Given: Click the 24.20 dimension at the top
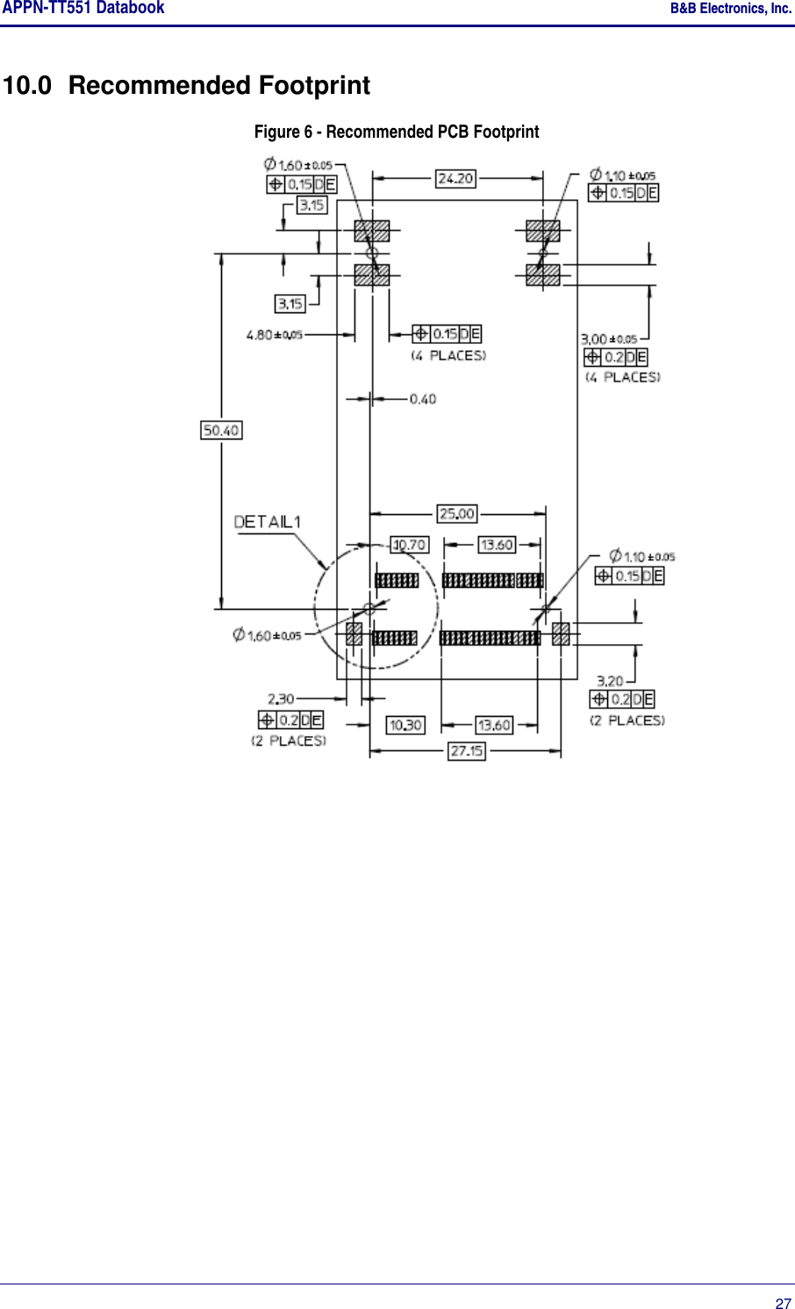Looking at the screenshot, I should pyautogui.click(x=455, y=178).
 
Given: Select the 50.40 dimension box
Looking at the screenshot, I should pyautogui.click(x=221, y=430).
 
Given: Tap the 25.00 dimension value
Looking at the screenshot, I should pyautogui.click(x=456, y=513).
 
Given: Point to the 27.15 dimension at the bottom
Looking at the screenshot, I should pyautogui.click(x=466, y=751).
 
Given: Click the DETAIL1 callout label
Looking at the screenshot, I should pyautogui.click(x=268, y=522).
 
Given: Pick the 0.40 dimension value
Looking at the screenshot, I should pyautogui.click(x=423, y=399).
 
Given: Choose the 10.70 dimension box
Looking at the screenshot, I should pyautogui.click(x=409, y=545).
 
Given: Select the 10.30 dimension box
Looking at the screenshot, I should pyautogui.click(x=405, y=726).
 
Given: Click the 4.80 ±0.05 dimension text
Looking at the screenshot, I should pyautogui.click(x=275, y=334).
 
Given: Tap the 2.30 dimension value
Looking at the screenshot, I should pyautogui.click(x=281, y=699).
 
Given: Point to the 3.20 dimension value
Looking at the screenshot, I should pyautogui.click(x=610, y=681).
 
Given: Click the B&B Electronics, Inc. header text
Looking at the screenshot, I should pyautogui.click(x=730, y=9).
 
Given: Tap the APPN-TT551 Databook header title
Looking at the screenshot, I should pyautogui.click(x=83, y=8).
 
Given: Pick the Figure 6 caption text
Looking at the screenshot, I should pyautogui.click(x=397, y=132).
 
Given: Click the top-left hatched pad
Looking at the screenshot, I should pyautogui.click(x=371, y=232).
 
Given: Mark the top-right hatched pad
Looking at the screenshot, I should pyautogui.click(x=542, y=232).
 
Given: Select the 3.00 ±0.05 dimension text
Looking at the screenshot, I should pyautogui.click(x=609, y=339).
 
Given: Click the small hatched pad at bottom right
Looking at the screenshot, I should pyautogui.click(x=561, y=633).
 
